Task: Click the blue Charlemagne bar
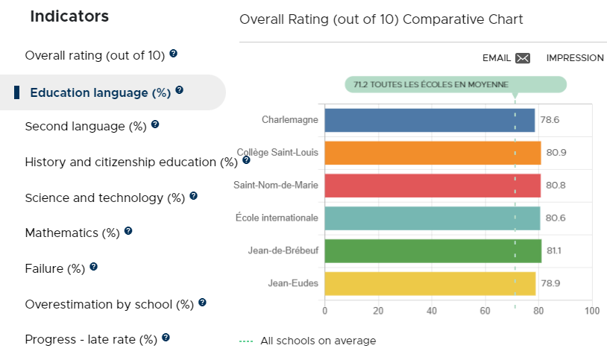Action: pyautogui.click(x=430, y=121)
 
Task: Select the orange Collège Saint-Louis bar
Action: pyautogui.click(x=433, y=153)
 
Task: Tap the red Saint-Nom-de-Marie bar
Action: pyautogui.click(x=433, y=186)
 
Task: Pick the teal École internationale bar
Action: pyautogui.click(x=433, y=218)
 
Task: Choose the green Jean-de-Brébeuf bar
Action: pyautogui.click(x=433, y=251)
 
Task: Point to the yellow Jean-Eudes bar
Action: pyautogui.click(x=430, y=284)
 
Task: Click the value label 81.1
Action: pyautogui.click(x=554, y=251)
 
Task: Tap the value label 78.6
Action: pyautogui.click(x=550, y=120)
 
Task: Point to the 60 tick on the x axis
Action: pyautogui.click(x=485, y=311)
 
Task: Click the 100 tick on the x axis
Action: pyautogui.click(x=592, y=311)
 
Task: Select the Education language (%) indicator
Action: pyautogui.click(x=100, y=93)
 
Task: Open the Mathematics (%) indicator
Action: pyautogui.click(x=72, y=233)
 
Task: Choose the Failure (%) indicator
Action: pyautogui.click(x=55, y=268)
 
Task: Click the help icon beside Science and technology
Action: pyautogui.click(x=194, y=196)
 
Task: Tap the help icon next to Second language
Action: pyautogui.click(x=155, y=124)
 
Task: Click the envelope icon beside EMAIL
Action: pyautogui.click(x=523, y=58)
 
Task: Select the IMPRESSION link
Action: pyautogui.click(x=575, y=58)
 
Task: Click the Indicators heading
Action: pyautogui.click(x=69, y=16)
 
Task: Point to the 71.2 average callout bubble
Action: pyautogui.click(x=456, y=84)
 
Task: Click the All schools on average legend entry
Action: pyautogui.click(x=308, y=341)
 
